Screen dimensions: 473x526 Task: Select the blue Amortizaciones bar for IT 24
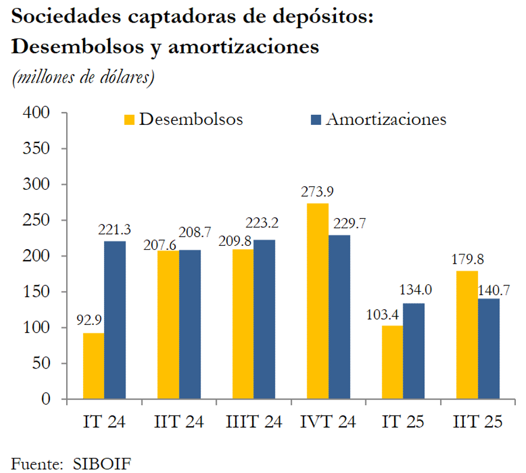(x=115, y=320)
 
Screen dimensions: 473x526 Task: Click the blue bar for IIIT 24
(x=264, y=319)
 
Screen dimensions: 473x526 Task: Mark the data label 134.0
(x=415, y=290)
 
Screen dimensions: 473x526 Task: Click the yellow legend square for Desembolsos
(x=130, y=120)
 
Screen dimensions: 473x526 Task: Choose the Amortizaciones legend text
(x=386, y=120)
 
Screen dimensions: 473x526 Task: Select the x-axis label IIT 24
(x=179, y=422)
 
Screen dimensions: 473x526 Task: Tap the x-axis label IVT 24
(x=328, y=422)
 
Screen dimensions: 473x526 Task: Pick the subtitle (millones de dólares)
(x=83, y=77)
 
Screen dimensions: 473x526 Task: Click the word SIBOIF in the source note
(x=102, y=465)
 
